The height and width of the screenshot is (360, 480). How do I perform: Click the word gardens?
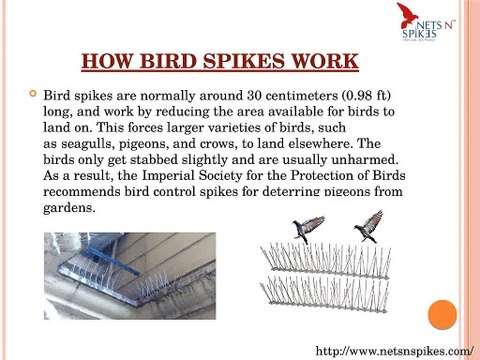click(70, 209)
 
